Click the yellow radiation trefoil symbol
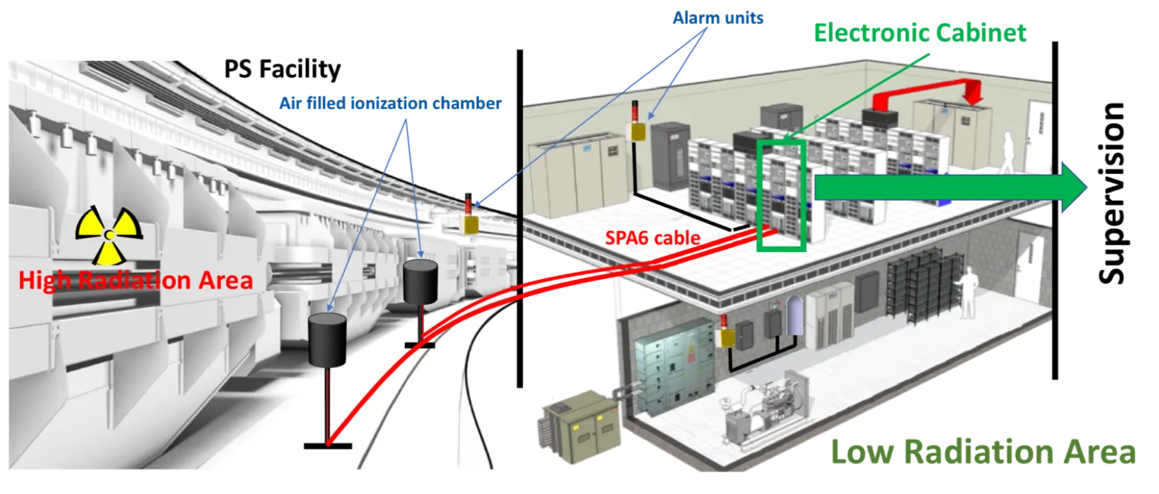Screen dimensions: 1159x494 tap(109, 236)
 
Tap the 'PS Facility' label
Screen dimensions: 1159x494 tap(283, 69)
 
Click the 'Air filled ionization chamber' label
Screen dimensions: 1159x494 tap(391, 104)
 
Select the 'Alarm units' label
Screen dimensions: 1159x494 tap(718, 18)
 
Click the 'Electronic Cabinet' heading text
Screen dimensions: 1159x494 tap(920, 32)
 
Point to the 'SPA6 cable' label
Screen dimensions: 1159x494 tap(652, 237)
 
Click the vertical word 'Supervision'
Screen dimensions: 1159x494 tap(1111, 194)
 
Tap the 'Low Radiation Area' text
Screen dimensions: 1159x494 tap(983, 451)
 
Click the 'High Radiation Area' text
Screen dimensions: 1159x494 tap(135, 281)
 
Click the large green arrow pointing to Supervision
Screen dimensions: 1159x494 tap(951, 187)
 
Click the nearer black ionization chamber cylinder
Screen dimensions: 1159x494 tap(328, 339)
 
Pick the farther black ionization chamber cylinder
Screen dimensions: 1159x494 tap(420, 281)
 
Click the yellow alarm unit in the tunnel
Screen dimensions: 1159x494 tap(471, 224)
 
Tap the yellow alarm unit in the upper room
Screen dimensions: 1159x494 tap(637, 131)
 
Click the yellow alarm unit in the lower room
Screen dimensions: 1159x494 tap(726, 338)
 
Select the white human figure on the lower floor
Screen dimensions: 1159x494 tap(966, 295)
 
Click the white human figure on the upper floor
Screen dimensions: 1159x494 tap(1008, 153)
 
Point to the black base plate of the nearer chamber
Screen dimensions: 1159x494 tap(328, 446)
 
